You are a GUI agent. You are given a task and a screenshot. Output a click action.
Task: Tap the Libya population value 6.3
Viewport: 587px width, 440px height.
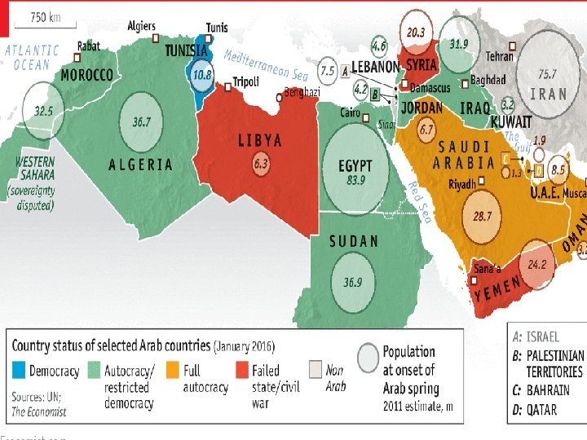(x=261, y=164)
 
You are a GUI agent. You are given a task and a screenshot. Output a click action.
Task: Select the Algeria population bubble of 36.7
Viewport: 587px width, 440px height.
(x=142, y=122)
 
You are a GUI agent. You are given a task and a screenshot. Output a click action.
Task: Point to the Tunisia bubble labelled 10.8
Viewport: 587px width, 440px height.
(x=202, y=74)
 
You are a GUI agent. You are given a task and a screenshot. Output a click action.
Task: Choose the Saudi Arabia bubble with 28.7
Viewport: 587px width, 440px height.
(x=483, y=218)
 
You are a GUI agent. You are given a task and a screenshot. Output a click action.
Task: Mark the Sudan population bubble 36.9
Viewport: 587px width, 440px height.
(x=352, y=282)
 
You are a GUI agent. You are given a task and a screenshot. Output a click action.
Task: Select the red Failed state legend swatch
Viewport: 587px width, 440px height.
(x=241, y=371)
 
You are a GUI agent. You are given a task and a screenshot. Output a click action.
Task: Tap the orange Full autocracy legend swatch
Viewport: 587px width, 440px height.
(x=172, y=371)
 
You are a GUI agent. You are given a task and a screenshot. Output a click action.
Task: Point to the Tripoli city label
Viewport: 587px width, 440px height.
(x=245, y=81)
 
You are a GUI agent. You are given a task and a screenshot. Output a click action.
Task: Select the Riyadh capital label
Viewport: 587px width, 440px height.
(x=461, y=184)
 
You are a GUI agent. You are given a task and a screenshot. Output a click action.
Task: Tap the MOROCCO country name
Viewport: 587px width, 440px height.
(x=86, y=75)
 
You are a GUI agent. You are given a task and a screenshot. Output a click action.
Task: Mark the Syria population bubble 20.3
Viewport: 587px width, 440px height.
(x=415, y=32)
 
